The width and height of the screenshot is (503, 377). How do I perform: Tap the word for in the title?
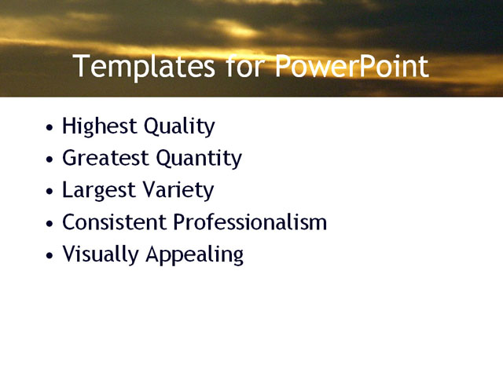point(245,67)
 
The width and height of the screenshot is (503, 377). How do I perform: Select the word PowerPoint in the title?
point(351,67)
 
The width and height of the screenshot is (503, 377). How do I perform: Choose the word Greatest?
point(106,159)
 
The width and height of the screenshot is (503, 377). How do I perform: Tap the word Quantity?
point(199,159)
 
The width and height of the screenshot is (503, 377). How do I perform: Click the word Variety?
point(182,191)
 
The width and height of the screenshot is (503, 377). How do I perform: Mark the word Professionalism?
point(250,222)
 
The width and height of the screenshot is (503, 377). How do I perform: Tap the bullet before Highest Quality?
point(50,127)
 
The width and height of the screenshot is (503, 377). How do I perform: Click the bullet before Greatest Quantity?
point(50,159)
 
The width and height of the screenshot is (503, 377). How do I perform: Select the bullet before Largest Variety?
point(50,192)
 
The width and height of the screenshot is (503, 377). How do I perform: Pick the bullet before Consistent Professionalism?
point(50,224)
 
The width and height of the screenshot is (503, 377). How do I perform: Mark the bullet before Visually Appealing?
point(50,256)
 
